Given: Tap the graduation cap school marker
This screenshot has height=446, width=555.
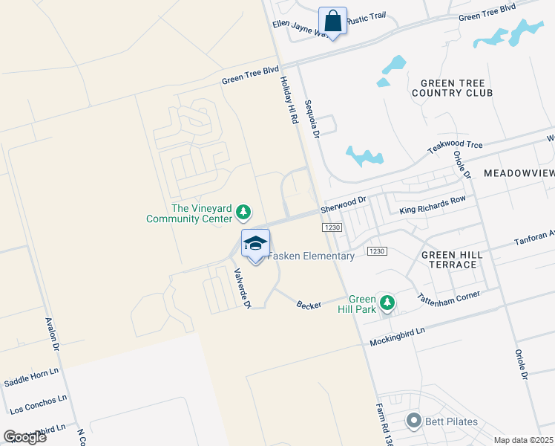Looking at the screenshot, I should click(255, 244).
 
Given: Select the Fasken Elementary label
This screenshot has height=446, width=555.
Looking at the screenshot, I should click(311, 256).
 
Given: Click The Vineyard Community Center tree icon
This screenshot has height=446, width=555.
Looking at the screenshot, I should click(243, 213).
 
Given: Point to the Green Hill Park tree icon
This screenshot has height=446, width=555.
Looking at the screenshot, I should click(386, 303).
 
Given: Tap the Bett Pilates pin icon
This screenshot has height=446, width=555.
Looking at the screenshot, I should click(413, 421).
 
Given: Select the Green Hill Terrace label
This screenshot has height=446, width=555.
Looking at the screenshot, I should click(452, 259).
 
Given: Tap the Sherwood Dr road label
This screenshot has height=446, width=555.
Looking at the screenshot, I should click(344, 202).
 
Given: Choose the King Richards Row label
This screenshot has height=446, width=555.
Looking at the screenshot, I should click(433, 205).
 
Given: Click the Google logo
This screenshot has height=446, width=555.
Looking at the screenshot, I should click(25, 436).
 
